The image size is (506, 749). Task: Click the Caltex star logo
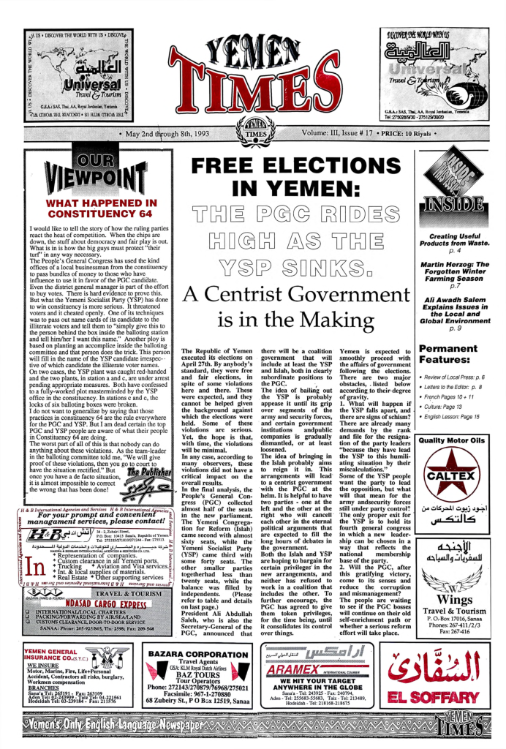tap(452, 476)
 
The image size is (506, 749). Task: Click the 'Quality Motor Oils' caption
tap(452, 441)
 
